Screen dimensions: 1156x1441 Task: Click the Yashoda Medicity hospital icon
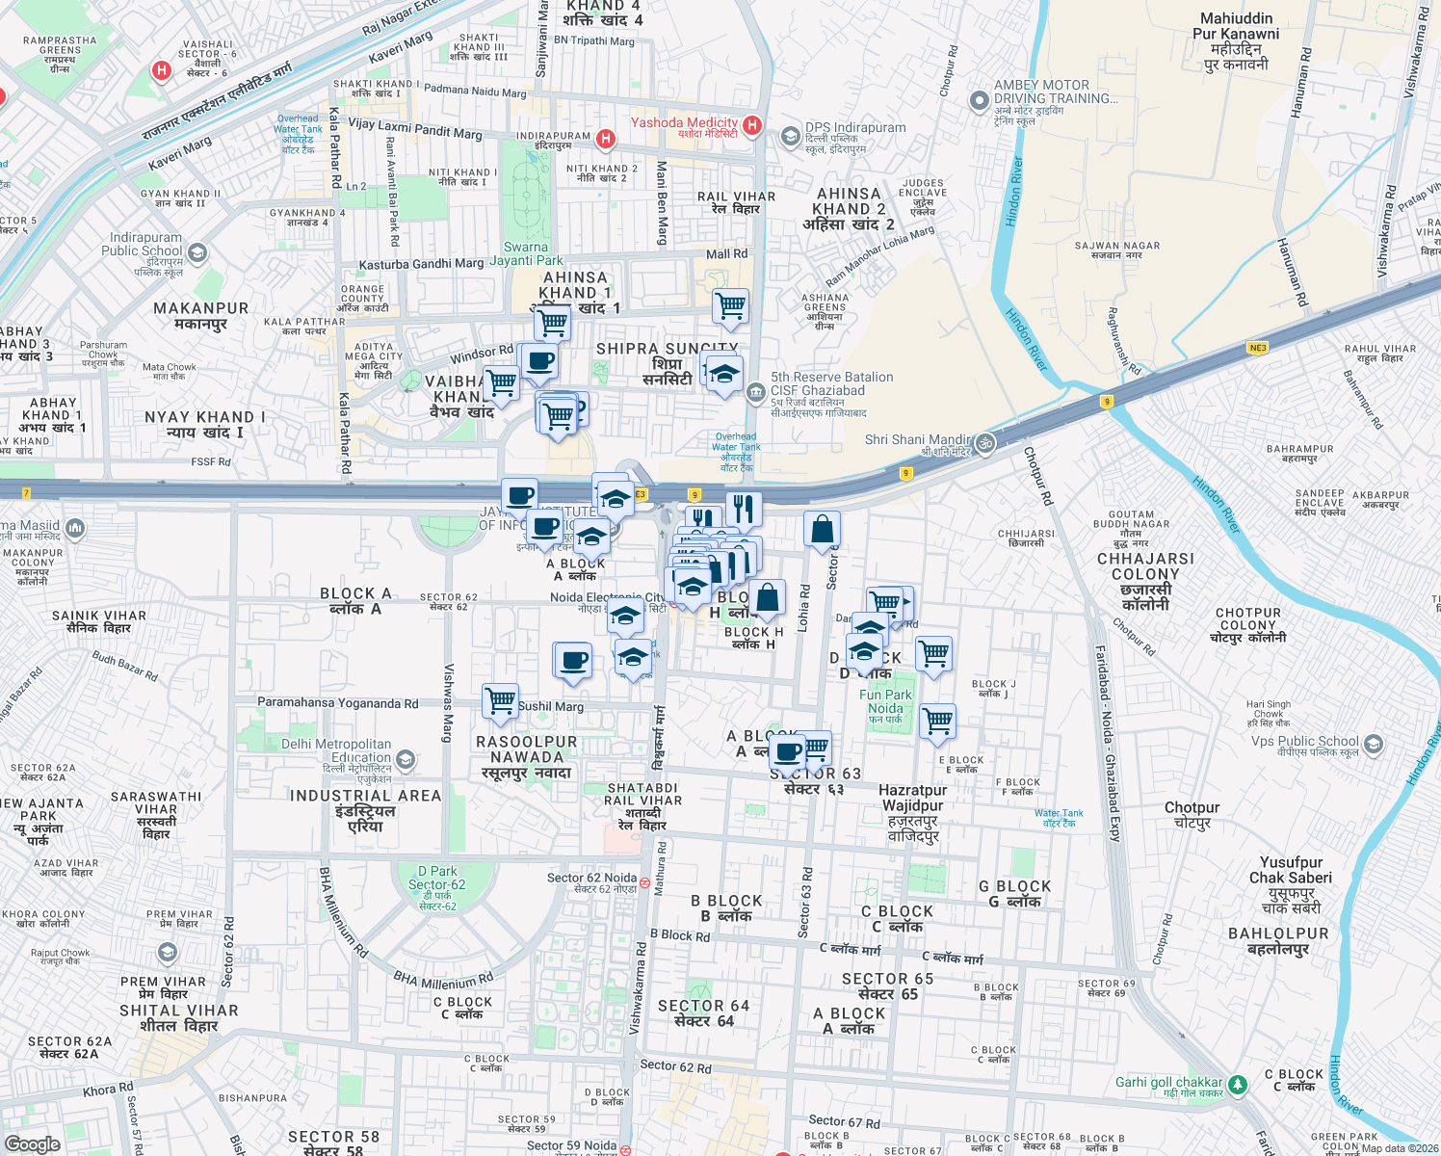click(752, 124)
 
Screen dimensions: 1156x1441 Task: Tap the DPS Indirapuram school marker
click(791, 134)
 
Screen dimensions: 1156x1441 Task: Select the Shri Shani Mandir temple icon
click(984, 443)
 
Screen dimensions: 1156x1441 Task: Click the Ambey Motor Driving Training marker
click(980, 100)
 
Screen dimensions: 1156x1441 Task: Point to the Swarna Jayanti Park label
click(526, 253)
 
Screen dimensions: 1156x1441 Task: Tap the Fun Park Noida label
click(885, 701)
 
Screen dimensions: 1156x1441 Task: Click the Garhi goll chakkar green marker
click(1237, 1086)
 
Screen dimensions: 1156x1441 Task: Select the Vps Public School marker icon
click(1374, 744)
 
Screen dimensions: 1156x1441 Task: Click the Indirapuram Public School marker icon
click(197, 253)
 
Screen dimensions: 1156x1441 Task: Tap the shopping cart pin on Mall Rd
click(730, 306)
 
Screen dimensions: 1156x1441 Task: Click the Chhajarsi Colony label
click(1145, 581)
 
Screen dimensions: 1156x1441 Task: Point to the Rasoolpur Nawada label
click(527, 757)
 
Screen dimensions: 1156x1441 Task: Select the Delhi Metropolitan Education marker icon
click(406, 760)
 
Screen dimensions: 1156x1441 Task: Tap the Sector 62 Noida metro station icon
click(644, 881)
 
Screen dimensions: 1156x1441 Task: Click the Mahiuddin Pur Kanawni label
click(1236, 40)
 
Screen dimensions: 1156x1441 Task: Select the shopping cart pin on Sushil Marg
click(500, 700)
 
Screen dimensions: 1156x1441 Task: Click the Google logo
click(33, 1143)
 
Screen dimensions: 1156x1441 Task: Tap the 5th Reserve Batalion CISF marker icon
click(756, 391)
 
